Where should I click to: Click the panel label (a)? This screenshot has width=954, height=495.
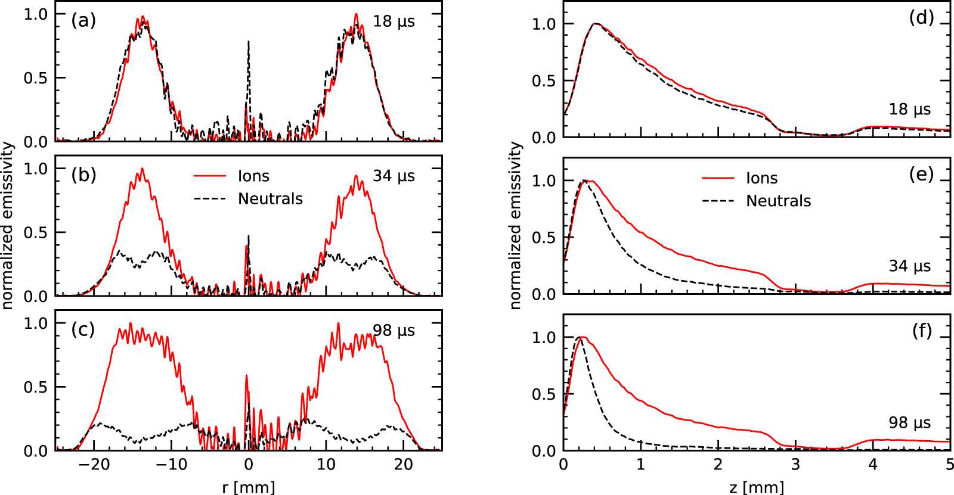[83, 21]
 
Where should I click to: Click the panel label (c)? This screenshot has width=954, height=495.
[83, 329]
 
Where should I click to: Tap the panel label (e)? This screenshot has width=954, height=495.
[921, 174]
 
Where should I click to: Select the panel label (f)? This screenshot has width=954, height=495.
[922, 331]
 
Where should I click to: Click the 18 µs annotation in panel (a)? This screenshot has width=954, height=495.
[394, 21]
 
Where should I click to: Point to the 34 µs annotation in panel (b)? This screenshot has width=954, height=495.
[394, 176]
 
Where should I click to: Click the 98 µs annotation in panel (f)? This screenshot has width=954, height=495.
[909, 423]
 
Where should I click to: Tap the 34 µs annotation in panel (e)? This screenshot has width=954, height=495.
[909, 266]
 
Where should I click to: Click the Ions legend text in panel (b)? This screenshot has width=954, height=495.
[253, 176]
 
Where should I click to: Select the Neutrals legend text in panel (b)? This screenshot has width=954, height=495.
[270, 199]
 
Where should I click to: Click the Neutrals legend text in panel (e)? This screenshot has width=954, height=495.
[778, 201]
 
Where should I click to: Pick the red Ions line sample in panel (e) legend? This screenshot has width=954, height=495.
[718, 178]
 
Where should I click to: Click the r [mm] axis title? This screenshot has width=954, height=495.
[249, 487]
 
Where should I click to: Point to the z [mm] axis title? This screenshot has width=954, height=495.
[757, 487]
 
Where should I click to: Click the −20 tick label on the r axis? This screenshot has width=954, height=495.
[94, 465]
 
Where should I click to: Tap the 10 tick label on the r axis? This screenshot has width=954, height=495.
[326, 465]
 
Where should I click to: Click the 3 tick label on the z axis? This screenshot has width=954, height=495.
[795, 465]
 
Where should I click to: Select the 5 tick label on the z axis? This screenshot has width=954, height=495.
[949, 465]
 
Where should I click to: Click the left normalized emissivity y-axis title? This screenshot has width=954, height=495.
[7, 225]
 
